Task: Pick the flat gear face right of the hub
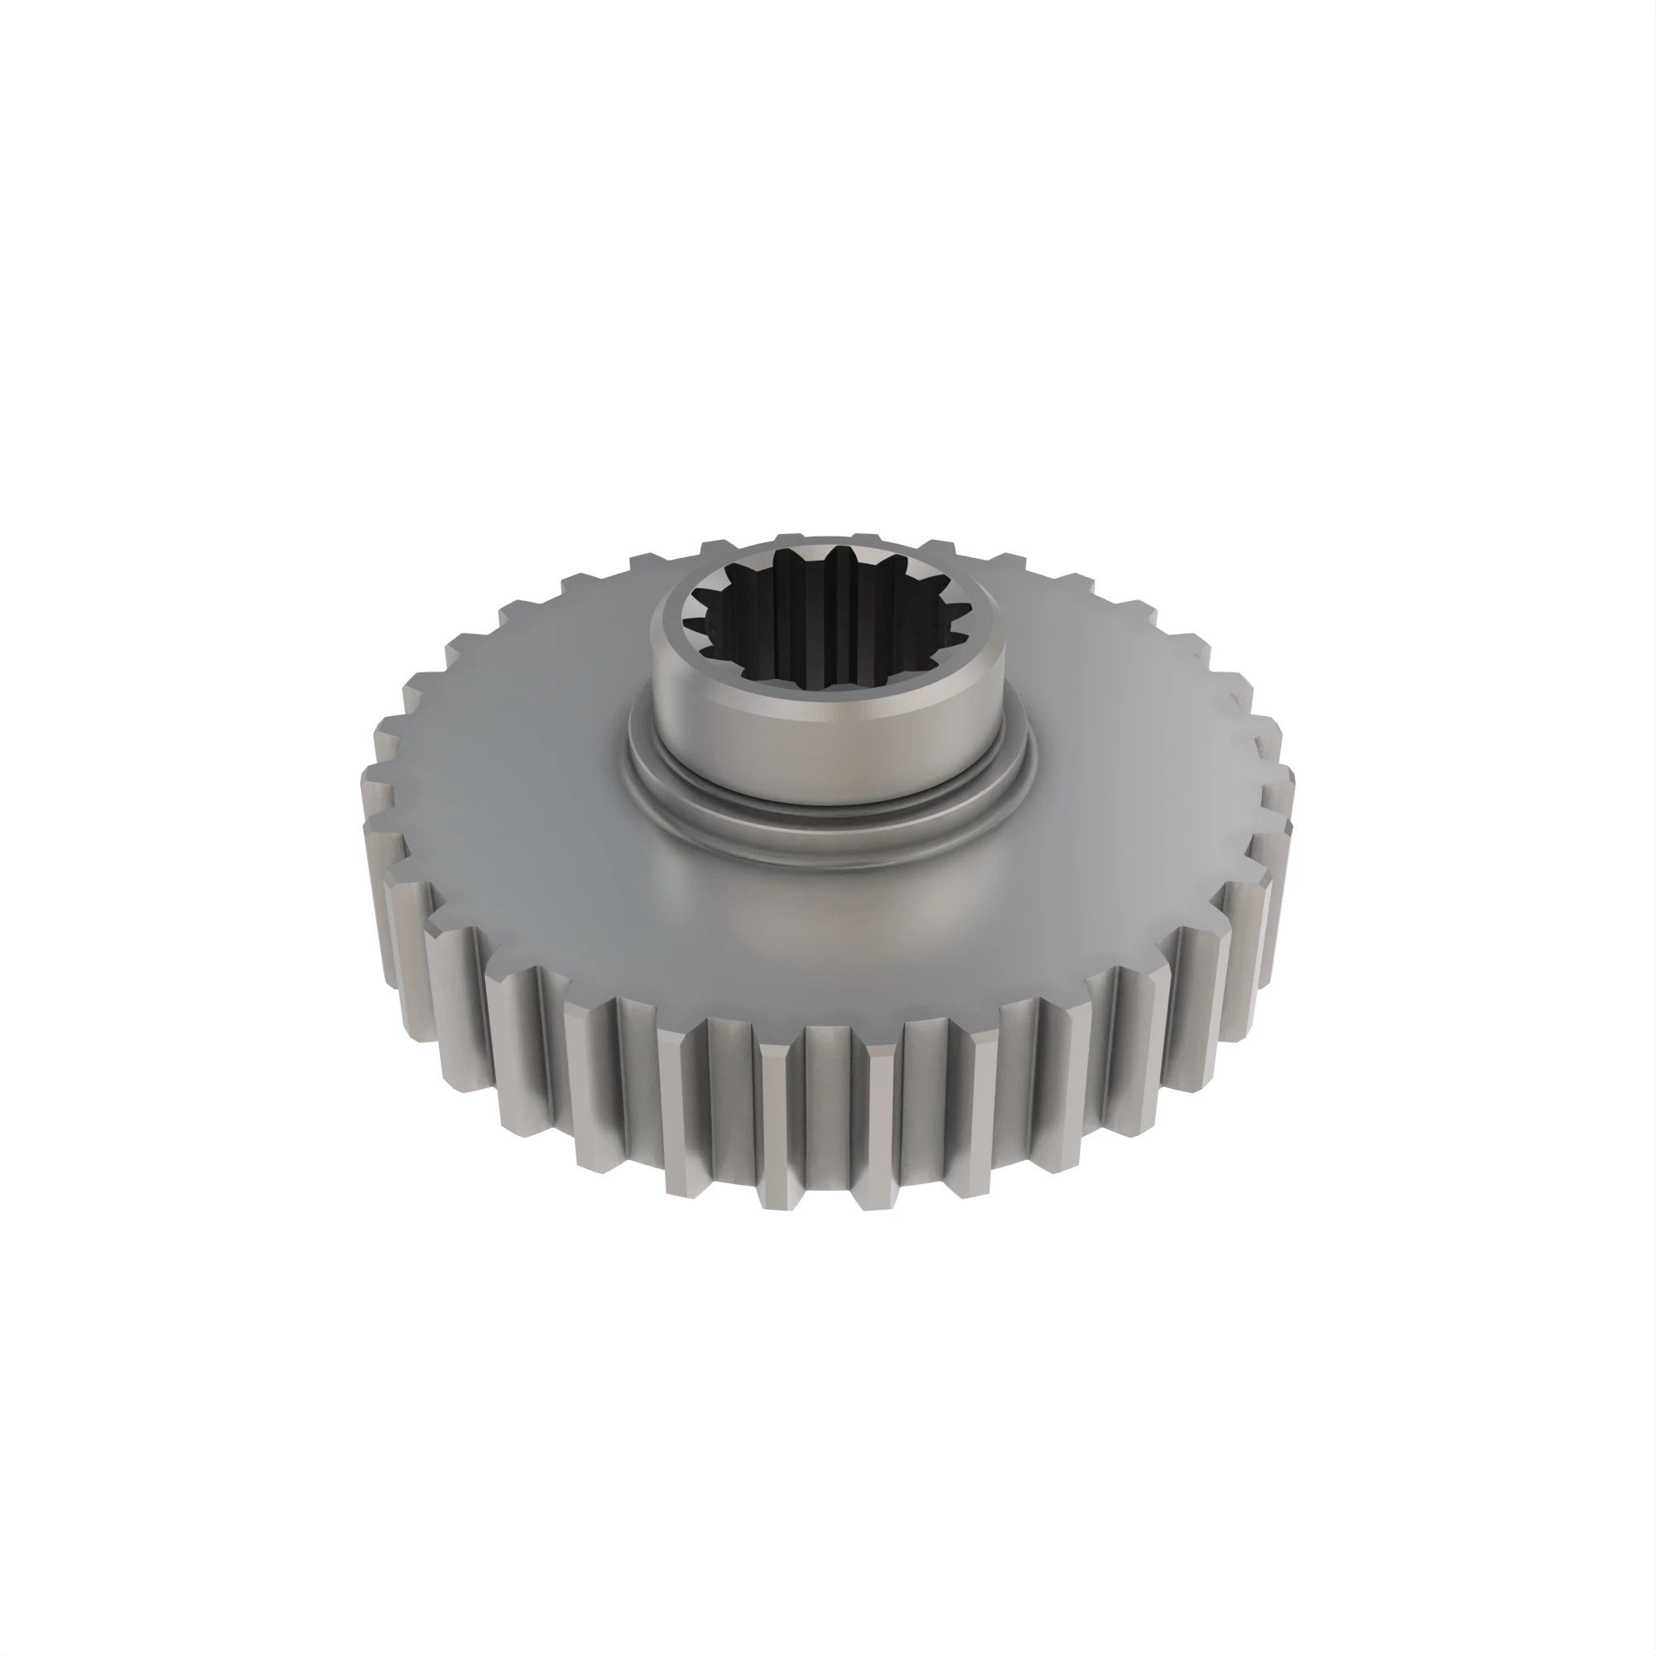(x=1140, y=754)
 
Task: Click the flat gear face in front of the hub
(x=827, y=926)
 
